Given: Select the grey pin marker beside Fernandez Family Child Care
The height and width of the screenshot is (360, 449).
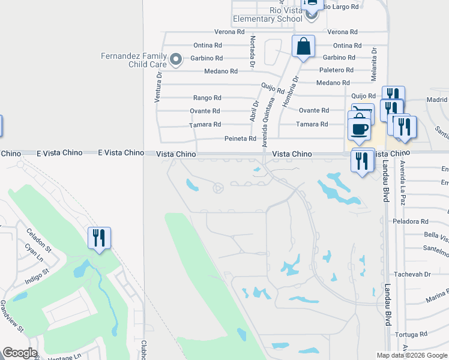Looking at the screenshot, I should click(x=175, y=59).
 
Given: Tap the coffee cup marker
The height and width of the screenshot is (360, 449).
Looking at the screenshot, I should click(x=360, y=129).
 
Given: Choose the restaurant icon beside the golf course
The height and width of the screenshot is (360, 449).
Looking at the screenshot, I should click(x=99, y=238).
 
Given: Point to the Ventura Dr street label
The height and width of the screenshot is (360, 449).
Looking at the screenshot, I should click(x=159, y=87).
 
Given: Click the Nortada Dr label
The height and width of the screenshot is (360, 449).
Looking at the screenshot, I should click(x=252, y=50).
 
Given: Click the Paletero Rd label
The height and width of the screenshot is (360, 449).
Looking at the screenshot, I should click(x=337, y=70).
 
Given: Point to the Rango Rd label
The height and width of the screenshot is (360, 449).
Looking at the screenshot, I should click(x=207, y=98).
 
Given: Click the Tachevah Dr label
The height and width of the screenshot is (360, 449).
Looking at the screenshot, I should click(x=419, y=274).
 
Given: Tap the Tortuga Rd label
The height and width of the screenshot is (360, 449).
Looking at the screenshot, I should click(x=411, y=334).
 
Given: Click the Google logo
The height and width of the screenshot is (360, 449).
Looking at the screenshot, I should click(x=20, y=353).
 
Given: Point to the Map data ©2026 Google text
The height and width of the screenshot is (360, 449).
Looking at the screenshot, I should click(x=411, y=355).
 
